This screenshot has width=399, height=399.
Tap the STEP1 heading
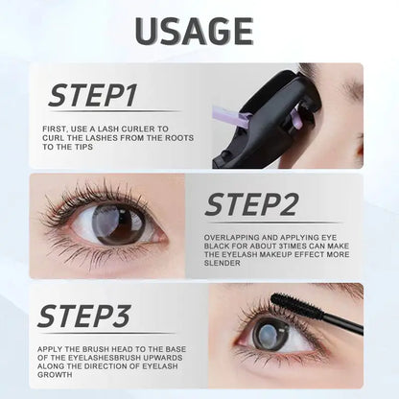coord(94,96)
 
